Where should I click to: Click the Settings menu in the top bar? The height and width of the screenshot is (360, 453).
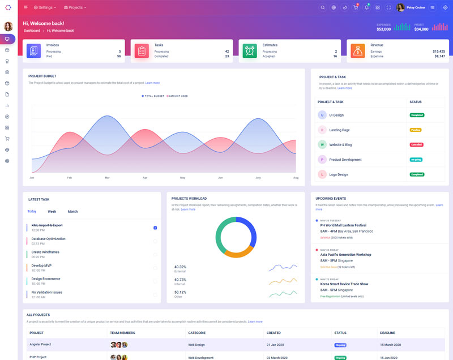click(45, 7)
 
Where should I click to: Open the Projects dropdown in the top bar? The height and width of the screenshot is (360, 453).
click(75, 7)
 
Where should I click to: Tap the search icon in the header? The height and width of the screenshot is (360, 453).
click(323, 7)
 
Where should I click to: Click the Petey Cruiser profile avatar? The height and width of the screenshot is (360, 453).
click(401, 7)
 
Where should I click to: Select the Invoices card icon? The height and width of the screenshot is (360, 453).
click(33, 50)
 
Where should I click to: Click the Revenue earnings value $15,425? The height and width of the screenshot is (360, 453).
click(438, 51)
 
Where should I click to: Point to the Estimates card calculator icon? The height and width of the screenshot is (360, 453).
click(250, 50)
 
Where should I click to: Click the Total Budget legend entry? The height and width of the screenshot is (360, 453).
click(154, 96)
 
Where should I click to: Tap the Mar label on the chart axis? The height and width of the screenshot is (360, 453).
click(107, 178)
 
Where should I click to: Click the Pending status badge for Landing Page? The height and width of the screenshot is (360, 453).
click(416, 130)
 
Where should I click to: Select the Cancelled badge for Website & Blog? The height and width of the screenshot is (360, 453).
click(417, 144)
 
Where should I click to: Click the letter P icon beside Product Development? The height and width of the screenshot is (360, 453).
click(322, 160)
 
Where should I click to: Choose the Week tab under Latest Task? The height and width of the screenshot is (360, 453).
click(52, 212)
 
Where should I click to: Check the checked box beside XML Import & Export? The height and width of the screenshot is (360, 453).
click(155, 228)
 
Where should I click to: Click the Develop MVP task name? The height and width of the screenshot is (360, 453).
click(41, 265)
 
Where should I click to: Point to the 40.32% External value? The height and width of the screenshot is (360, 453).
click(181, 267)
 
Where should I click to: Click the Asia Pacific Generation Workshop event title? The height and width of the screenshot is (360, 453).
click(345, 255)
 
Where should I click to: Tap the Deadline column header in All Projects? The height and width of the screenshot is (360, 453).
click(388, 333)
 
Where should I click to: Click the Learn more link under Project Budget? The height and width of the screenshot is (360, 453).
click(152, 83)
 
